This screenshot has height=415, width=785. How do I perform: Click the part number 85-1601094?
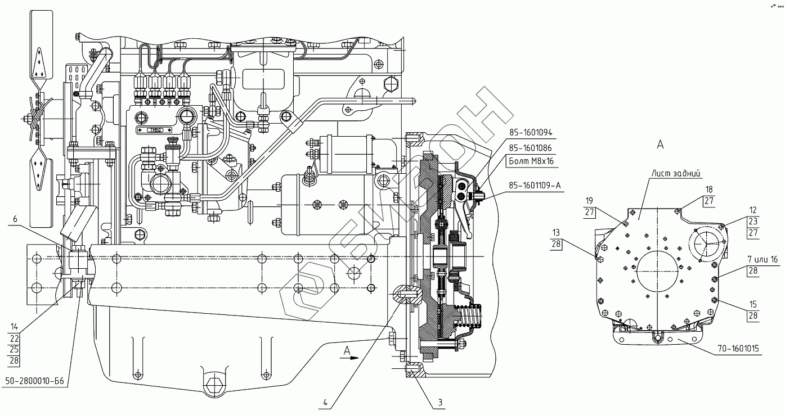click(530, 133)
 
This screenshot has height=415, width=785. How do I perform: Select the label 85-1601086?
click(530, 148)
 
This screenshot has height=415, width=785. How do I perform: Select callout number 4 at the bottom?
click(325, 402)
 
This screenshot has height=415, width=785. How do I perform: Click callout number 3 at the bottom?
click(440, 402)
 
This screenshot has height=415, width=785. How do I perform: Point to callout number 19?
click(589, 201)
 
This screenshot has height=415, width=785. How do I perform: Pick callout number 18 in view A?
click(709, 190)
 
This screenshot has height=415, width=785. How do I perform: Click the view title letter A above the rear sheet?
click(660, 145)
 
